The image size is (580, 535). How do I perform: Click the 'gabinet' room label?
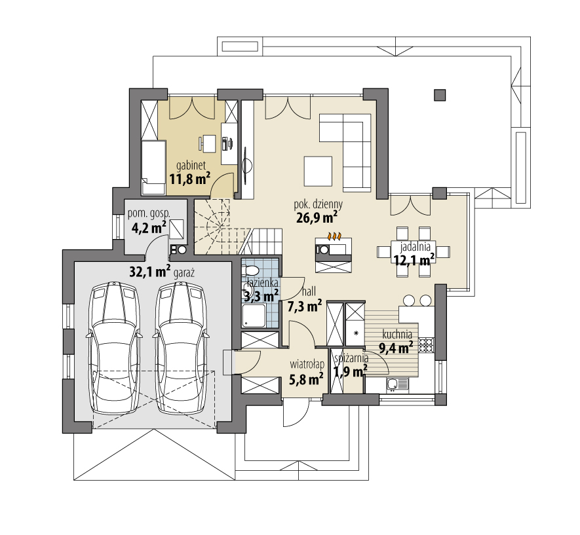point(191,166)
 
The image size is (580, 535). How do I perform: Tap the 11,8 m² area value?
point(190,179)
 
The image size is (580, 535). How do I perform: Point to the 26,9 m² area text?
point(317,217)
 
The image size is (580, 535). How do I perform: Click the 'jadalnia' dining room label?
point(415,246)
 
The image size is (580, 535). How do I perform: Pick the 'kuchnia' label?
point(397,335)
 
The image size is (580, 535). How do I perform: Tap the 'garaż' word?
point(184,273)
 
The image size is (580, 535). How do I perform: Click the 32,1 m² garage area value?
point(150,272)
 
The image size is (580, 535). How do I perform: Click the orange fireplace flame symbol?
point(334,236)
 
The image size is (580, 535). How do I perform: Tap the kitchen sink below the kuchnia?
point(397,384)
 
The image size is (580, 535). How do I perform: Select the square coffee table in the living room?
point(318,171)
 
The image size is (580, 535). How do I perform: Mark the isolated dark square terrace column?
point(440,96)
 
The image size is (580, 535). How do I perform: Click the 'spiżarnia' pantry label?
point(351,358)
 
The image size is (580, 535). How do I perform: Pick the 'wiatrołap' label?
point(307,364)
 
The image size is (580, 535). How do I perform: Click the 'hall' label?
point(309,291)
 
